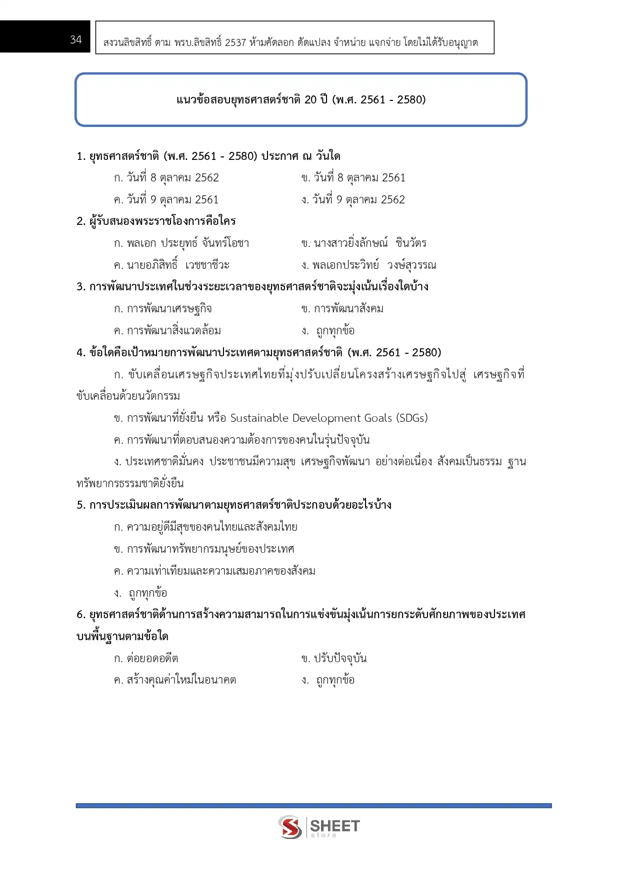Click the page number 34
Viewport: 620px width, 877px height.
tap(76, 39)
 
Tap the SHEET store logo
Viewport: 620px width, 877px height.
tap(319, 827)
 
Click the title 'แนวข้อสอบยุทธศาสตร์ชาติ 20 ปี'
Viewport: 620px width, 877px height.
tap(301, 99)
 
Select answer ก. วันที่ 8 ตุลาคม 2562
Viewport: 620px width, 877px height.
tap(166, 178)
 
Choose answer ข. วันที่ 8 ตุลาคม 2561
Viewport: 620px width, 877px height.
tap(353, 178)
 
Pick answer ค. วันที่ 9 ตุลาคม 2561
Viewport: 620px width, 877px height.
tap(166, 200)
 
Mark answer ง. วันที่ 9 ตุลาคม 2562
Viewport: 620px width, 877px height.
tap(353, 200)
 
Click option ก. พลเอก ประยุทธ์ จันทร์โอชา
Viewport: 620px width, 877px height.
tap(181, 243)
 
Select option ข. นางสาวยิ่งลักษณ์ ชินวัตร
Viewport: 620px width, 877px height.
tap(364, 243)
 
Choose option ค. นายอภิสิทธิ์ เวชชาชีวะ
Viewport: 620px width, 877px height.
tap(172, 265)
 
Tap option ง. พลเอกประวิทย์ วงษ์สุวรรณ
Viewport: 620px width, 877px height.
tap(369, 265)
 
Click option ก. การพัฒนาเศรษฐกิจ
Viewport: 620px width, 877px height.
tap(163, 309)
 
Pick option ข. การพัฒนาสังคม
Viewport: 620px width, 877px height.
tap(342, 309)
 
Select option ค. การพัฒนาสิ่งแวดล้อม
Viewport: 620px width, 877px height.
tap(167, 331)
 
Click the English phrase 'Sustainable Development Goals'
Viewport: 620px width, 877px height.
tap(311, 418)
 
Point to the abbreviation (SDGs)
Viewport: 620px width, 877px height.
tap(412, 418)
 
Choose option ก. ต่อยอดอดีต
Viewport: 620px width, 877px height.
tap(146, 659)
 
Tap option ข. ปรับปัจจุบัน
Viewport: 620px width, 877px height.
tap(334, 659)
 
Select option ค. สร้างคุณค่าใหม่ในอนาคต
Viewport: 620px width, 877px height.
tap(175, 680)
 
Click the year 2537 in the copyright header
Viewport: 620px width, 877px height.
tap(235, 42)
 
